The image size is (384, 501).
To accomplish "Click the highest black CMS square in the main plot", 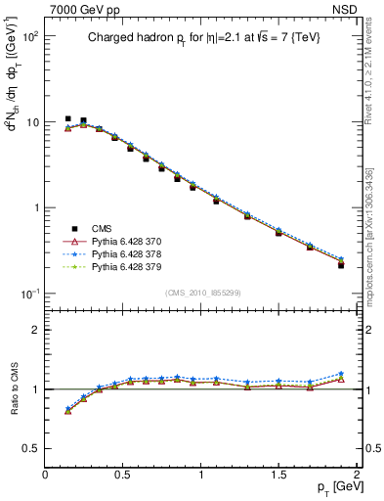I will (67, 118).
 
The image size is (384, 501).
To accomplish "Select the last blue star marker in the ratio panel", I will (341, 374).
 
